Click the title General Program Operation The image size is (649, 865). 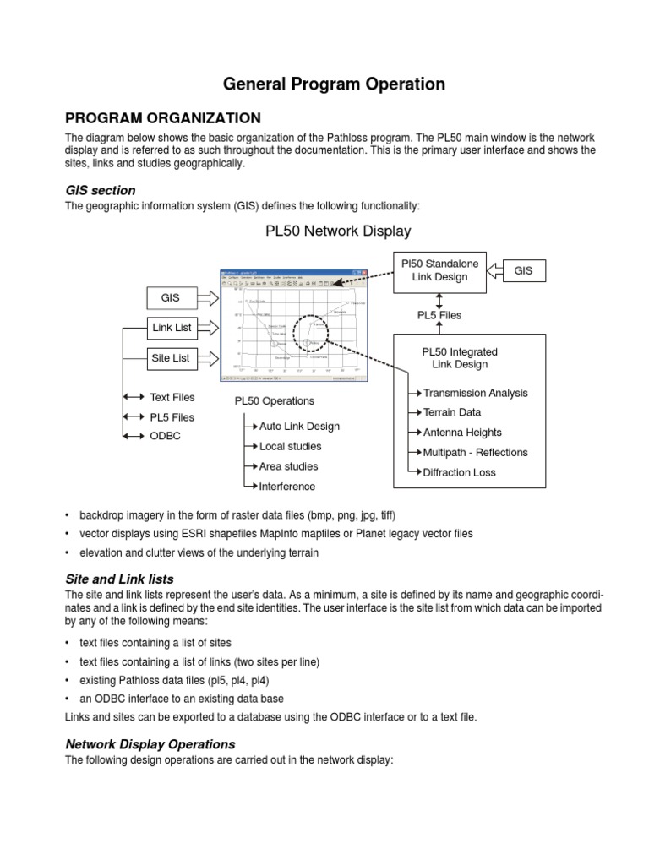click(333, 84)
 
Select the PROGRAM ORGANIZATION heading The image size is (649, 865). click(163, 117)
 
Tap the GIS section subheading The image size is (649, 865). click(100, 190)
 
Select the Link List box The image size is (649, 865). click(171, 327)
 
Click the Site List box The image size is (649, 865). click(171, 358)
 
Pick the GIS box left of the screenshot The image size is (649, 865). click(171, 297)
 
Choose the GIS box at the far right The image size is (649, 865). click(523, 270)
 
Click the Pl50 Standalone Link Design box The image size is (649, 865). click(439, 270)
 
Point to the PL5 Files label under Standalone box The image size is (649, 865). click(439, 315)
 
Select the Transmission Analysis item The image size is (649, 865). click(475, 393)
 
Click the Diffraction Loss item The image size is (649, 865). click(459, 472)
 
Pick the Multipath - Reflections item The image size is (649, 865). click(475, 452)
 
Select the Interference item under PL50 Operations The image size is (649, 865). click(287, 487)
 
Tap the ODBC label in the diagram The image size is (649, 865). click(165, 436)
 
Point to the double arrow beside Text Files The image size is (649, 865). click(133, 397)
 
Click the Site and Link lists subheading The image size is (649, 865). click(119, 579)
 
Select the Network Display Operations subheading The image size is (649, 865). click(150, 744)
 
